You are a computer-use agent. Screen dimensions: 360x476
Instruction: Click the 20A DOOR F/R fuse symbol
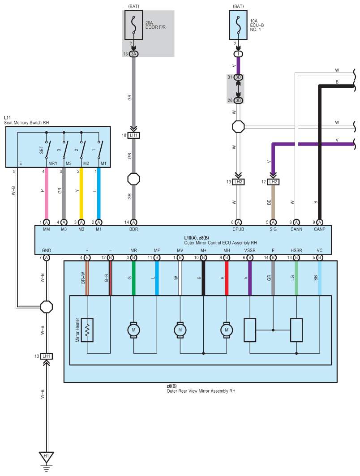click(x=133, y=25)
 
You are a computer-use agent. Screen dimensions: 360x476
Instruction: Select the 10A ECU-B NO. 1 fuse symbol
click(x=238, y=25)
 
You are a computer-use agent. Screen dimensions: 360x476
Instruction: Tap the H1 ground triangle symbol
click(x=47, y=457)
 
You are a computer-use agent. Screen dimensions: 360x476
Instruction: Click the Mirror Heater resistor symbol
click(x=87, y=330)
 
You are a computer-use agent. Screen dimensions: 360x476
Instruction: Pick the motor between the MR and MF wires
click(x=133, y=330)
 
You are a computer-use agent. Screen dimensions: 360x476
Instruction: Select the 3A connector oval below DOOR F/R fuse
click(x=133, y=54)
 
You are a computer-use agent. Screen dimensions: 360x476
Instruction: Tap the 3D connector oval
click(x=238, y=77)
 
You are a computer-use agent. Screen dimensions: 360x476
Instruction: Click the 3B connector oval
click(x=238, y=100)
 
